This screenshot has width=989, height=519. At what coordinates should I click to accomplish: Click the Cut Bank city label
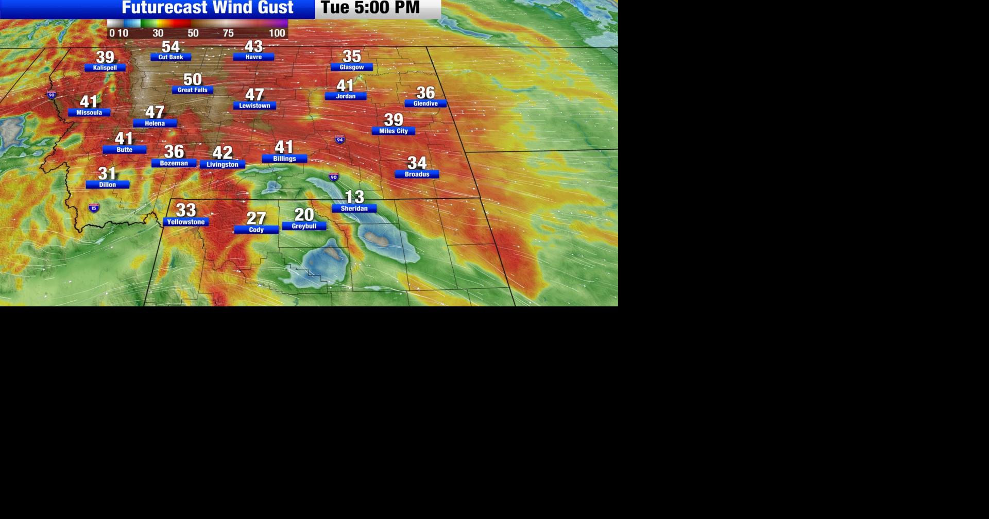click(x=170, y=57)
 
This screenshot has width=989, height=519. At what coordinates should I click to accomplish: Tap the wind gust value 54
click(x=170, y=46)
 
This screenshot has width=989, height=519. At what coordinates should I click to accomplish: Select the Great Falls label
click(x=192, y=90)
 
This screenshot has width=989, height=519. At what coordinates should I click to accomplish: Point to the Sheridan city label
click(x=354, y=209)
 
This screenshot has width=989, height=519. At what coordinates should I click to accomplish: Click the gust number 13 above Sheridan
click(x=354, y=196)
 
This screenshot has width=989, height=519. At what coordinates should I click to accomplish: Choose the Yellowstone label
click(x=186, y=222)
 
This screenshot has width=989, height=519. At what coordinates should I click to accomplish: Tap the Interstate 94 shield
click(x=339, y=140)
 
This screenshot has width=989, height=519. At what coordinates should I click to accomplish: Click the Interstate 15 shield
click(x=94, y=208)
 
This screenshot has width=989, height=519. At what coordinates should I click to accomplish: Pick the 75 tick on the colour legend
click(x=228, y=33)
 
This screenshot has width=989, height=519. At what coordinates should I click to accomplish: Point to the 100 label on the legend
click(x=277, y=33)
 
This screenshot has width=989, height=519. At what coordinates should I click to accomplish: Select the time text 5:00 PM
click(x=387, y=8)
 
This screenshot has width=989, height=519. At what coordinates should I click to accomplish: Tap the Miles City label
click(x=394, y=131)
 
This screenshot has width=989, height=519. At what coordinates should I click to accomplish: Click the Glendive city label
click(x=425, y=103)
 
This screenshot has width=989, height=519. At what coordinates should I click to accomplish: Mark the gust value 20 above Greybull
click(x=304, y=214)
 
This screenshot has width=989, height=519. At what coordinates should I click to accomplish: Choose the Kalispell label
click(x=105, y=68)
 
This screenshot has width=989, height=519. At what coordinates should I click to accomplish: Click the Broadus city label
click(x=417, y=175)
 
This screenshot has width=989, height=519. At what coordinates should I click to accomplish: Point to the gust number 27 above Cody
click(x=256, y=218)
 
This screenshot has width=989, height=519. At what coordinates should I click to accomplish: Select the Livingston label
click(x=223, y=165)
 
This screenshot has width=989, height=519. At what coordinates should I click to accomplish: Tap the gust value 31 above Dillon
click(x=107, y=173)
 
